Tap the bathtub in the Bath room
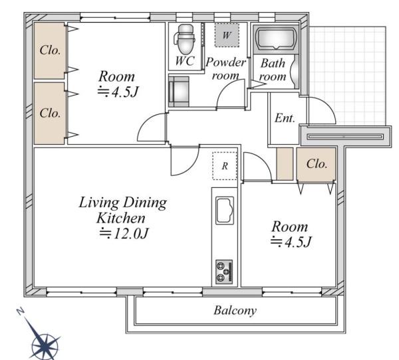[x=276, y=39]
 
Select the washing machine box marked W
[x=227, y=35]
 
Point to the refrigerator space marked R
[x=225, y=166]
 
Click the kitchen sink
[x=225, y=211]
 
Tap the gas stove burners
[x=224, y=272]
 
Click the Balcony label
[x=235, y=310]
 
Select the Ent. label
[x=285, y=118]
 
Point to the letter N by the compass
[x=21, y=312]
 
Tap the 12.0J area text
[x=124, y=233]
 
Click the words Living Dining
[x=123, y=203]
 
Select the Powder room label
[x=225, y=68]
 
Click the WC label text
[x=185, y=61]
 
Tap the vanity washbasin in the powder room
[x=179, y=91]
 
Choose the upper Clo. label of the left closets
[x=50, y=50]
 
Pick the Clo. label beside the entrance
[x=317, y=164]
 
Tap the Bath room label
[x=273, y=70]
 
